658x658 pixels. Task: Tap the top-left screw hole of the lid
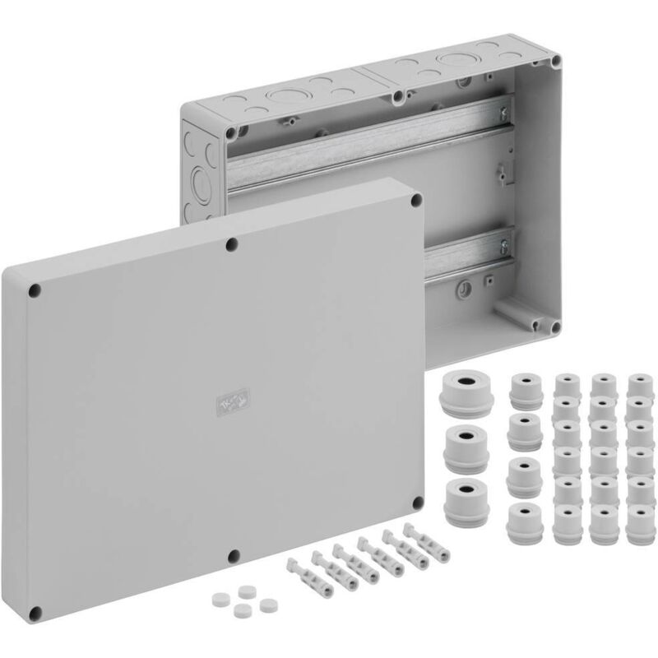35,290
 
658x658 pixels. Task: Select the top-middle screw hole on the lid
233,243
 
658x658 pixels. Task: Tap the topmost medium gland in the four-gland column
522,388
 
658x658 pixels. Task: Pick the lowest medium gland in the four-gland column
522,520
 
